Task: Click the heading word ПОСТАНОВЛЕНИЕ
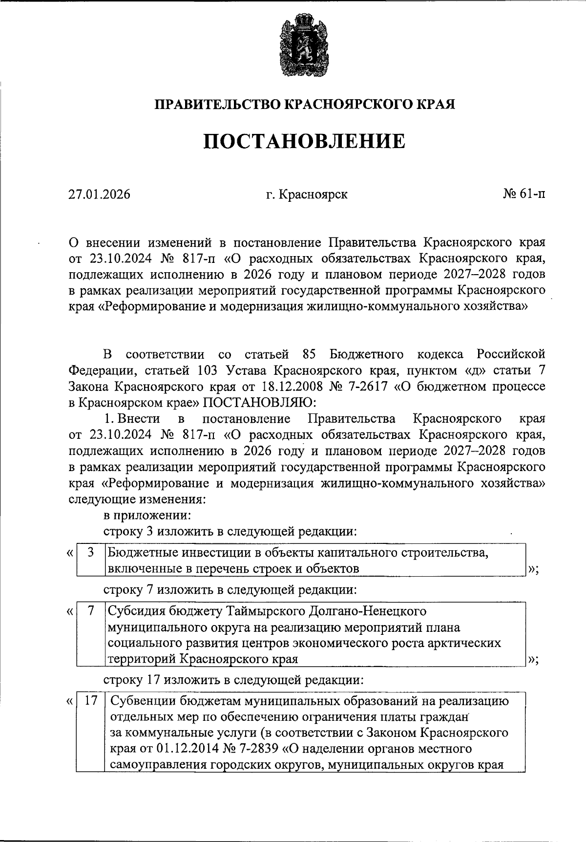pyautogui.click(x=304, y=142)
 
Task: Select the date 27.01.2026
pyautogui.click(x=100, y=194)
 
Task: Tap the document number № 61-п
pyautogui.click(x=524, y=194)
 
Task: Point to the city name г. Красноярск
pyautogui.click(x=307, y=194)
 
